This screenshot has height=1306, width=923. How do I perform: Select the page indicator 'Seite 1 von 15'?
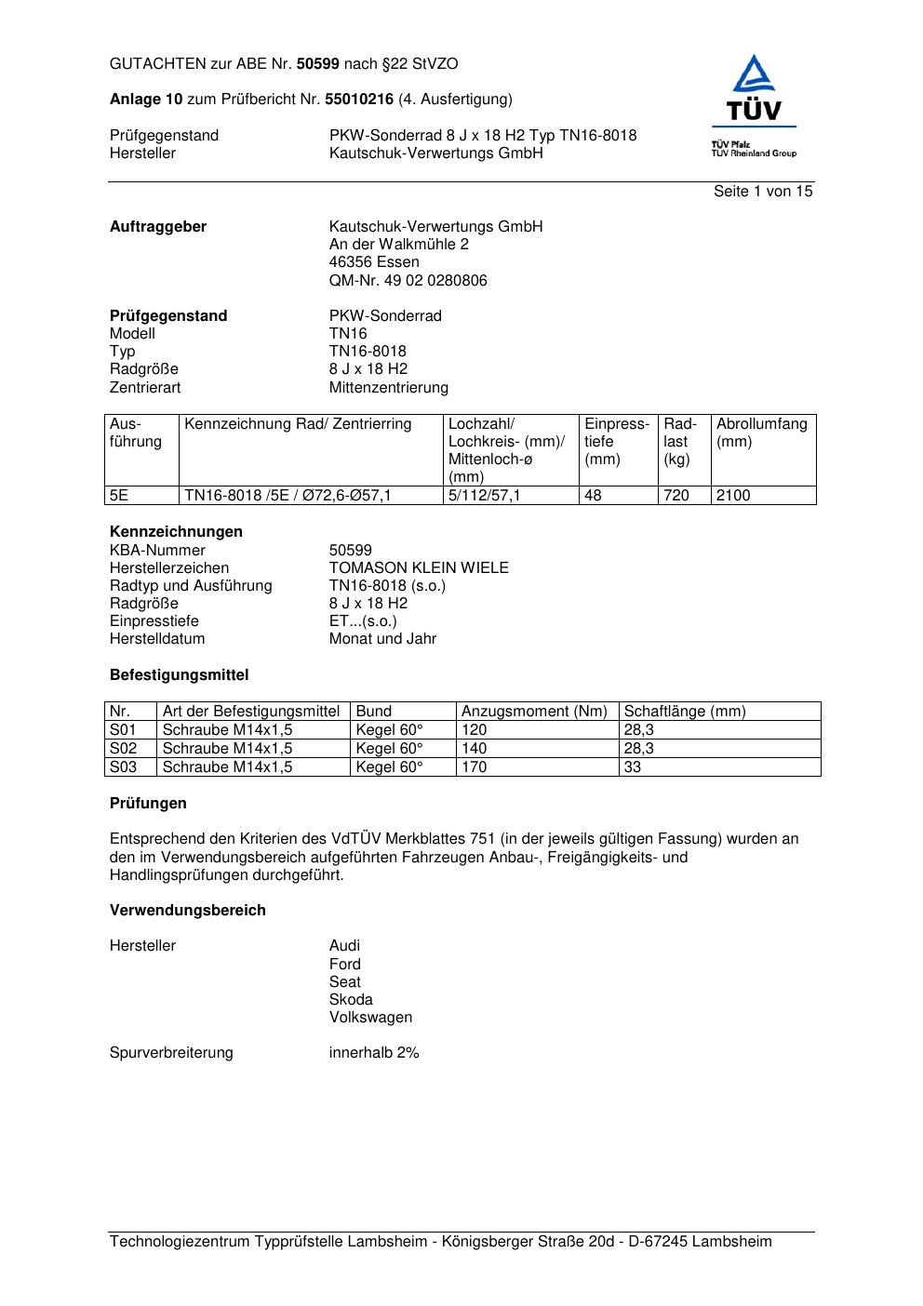(763, 192)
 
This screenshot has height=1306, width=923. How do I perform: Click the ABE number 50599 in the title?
(318, 64)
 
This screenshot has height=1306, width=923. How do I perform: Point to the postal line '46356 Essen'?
(374, 262)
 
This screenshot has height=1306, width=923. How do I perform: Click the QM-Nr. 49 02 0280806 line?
(408, 281)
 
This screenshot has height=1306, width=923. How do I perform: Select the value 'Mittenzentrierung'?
(388, 388)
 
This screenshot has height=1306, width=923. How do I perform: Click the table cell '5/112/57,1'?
(484, 496)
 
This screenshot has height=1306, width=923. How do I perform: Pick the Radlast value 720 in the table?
(676, 496)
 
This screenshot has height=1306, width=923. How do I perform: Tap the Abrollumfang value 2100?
(733, 496)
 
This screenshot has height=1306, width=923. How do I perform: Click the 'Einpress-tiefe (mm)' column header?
(617, 442)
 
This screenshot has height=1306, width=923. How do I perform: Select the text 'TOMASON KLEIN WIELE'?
(419, 568)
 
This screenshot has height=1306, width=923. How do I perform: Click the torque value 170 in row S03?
(475, 767)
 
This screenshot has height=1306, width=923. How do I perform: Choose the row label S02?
(124, 749)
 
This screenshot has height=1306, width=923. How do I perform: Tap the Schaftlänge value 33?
(633, 767)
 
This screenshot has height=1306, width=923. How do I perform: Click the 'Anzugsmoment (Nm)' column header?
(534, 712)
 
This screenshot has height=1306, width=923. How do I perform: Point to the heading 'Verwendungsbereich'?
(188, 911)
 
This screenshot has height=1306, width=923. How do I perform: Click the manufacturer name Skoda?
(351, 1000)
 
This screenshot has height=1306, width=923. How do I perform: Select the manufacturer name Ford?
(344, 965)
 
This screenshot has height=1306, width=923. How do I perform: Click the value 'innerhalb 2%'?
(374, 1053)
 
